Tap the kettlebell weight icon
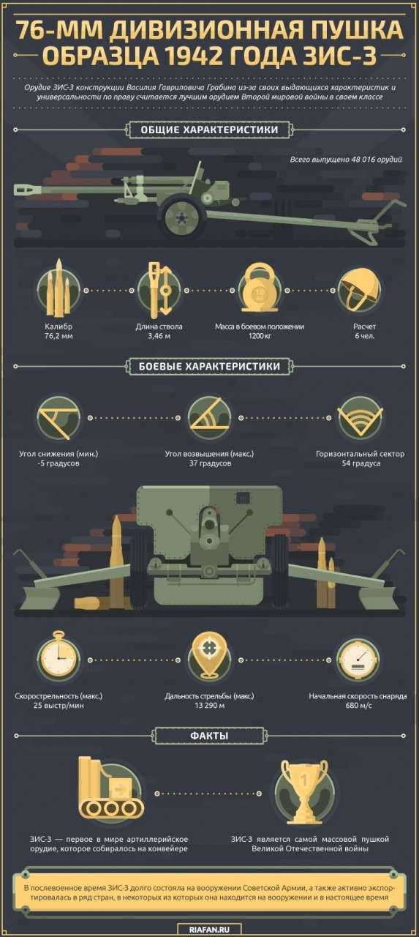[260, 288]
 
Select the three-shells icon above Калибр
[58, 288]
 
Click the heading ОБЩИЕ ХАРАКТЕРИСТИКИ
[209, 130]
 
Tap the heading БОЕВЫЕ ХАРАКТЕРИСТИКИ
[209, 366]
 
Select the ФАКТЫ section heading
[209, 736]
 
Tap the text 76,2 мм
[58, 336]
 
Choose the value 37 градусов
[210, 463]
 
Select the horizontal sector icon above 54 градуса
[360, 418]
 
